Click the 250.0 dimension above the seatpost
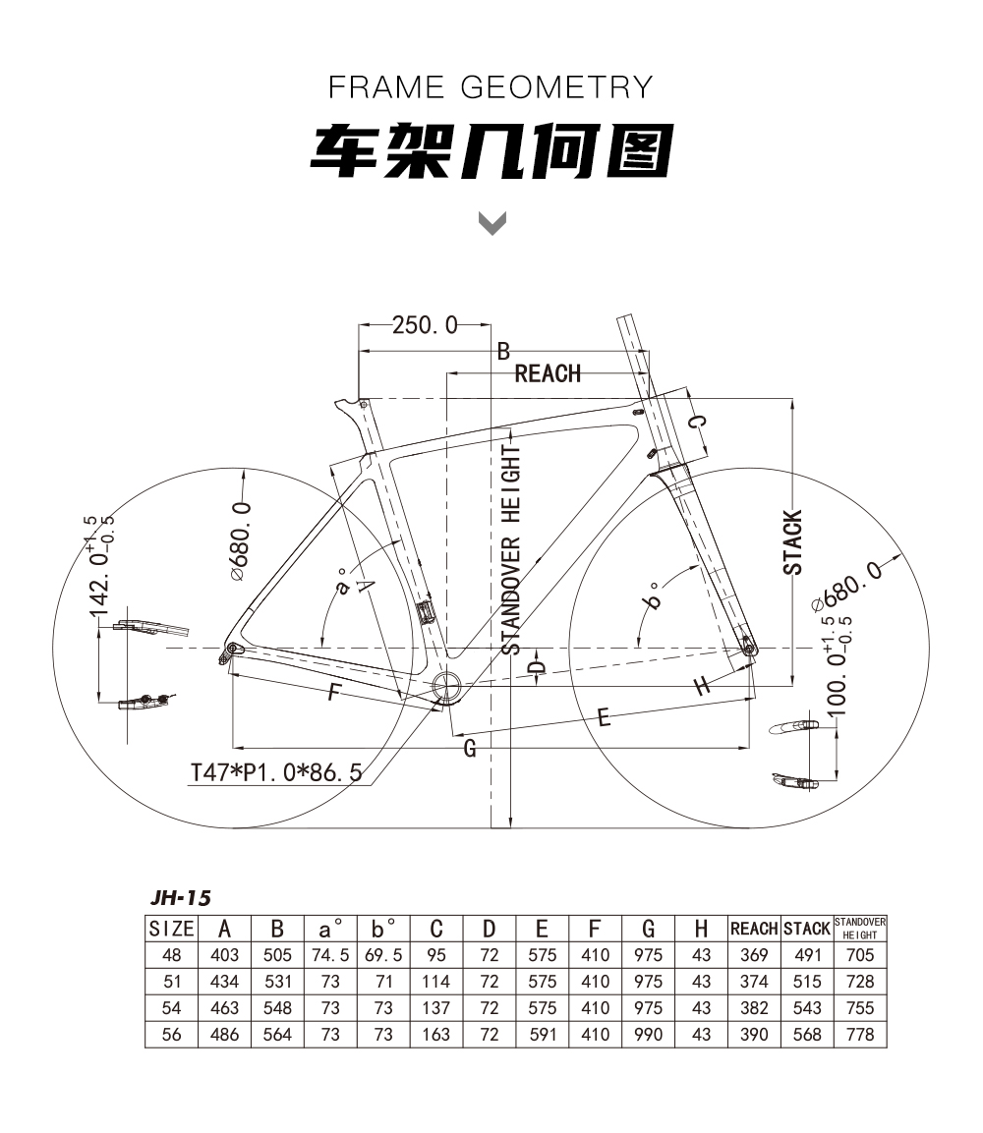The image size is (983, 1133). (x=425, y=325)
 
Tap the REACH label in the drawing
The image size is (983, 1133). (x=548, y=373)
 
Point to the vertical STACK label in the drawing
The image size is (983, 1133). (x=793, y=541)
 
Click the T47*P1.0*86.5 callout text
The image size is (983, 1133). (x=276, y=772)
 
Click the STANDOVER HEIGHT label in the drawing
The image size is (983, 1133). (x=511, y=549)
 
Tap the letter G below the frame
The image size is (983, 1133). (x=470, y=748)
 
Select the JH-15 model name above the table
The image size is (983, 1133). (x=181, y=897)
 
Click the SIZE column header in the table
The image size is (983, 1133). (x=171, y=929)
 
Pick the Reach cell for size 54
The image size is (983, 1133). (x=754, y=1008)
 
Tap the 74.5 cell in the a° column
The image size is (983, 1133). (x=330, y=955)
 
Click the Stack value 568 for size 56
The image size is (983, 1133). (x=807, y=1035)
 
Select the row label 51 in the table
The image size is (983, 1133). (x=171, y=982)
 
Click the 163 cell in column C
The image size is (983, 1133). (x=435, y=1035)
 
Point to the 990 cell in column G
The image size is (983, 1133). (x=648, y=1035)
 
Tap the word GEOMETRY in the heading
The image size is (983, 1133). (x=556, y=87)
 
